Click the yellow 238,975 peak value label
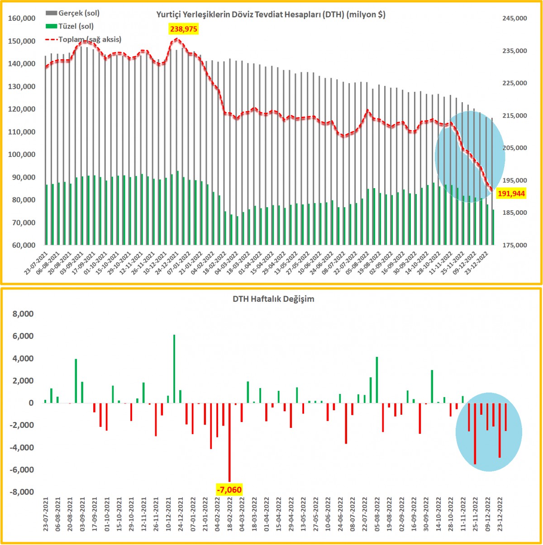(184, 29)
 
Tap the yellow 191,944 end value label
(511, 194)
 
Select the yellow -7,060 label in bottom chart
(229, 490)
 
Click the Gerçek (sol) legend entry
(73, 13)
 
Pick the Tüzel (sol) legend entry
(70, 26)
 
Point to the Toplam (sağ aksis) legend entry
(84, 39)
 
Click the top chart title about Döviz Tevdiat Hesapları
(271, 14)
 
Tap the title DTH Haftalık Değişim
(273, 299)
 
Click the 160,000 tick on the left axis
(22, 19)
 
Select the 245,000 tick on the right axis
(514, 19)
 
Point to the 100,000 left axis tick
(22, 155)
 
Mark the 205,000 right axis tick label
(514, 148)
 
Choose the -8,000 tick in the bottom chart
(22, 492)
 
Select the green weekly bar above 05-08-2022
(377, 380)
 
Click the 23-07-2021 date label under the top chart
(36, 265)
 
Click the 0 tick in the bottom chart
(31, 403)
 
